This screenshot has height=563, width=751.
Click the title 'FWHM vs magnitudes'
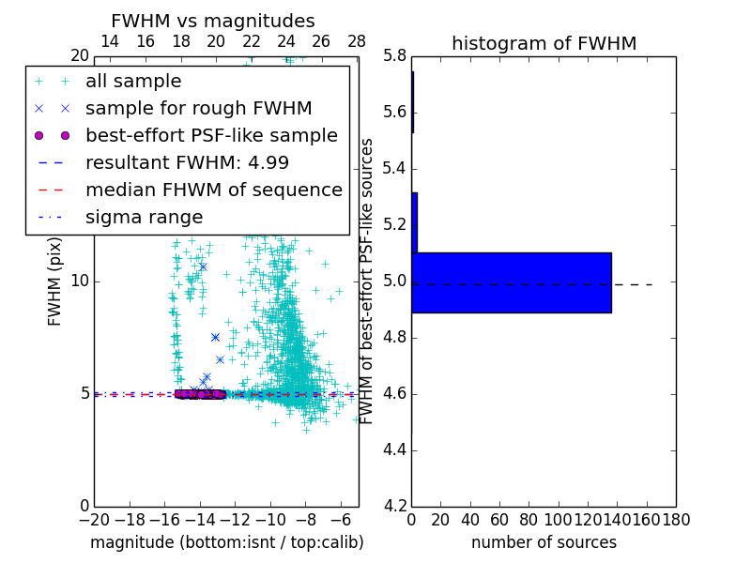pyautogui.click(x=213, y=21)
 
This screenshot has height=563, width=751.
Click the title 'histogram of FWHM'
pyautogui.click(x=544, y=43)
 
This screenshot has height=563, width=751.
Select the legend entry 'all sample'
pyautogui.click(x=133, y=82)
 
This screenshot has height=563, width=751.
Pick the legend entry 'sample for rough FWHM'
pyautogui.click(x=198, y=108)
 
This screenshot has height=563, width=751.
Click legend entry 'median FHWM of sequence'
pyautogui.click(x=213, y=190)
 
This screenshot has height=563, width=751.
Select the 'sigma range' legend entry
pyautogui.click(x=144, y=217)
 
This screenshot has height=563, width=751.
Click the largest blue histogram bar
pyautogui.click(x=512, y=282)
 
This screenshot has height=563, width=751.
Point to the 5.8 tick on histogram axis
pyautogui.click(x=394, y=56)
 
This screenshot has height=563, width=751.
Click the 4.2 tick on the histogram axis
pyautogui.click(x=394, y=506)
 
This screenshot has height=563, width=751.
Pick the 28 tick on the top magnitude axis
pyautogui.click(x=357, y=41)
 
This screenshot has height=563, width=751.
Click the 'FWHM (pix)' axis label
pyautogui.click(x=55, y=281)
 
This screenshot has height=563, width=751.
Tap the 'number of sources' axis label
pyautogui.click(x=544, y=542)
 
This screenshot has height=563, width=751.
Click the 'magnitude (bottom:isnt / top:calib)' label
pyautogui.click(x=226, y=542)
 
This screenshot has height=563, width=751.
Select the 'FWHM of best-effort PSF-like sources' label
pyautogui.click(x=367, y=281)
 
